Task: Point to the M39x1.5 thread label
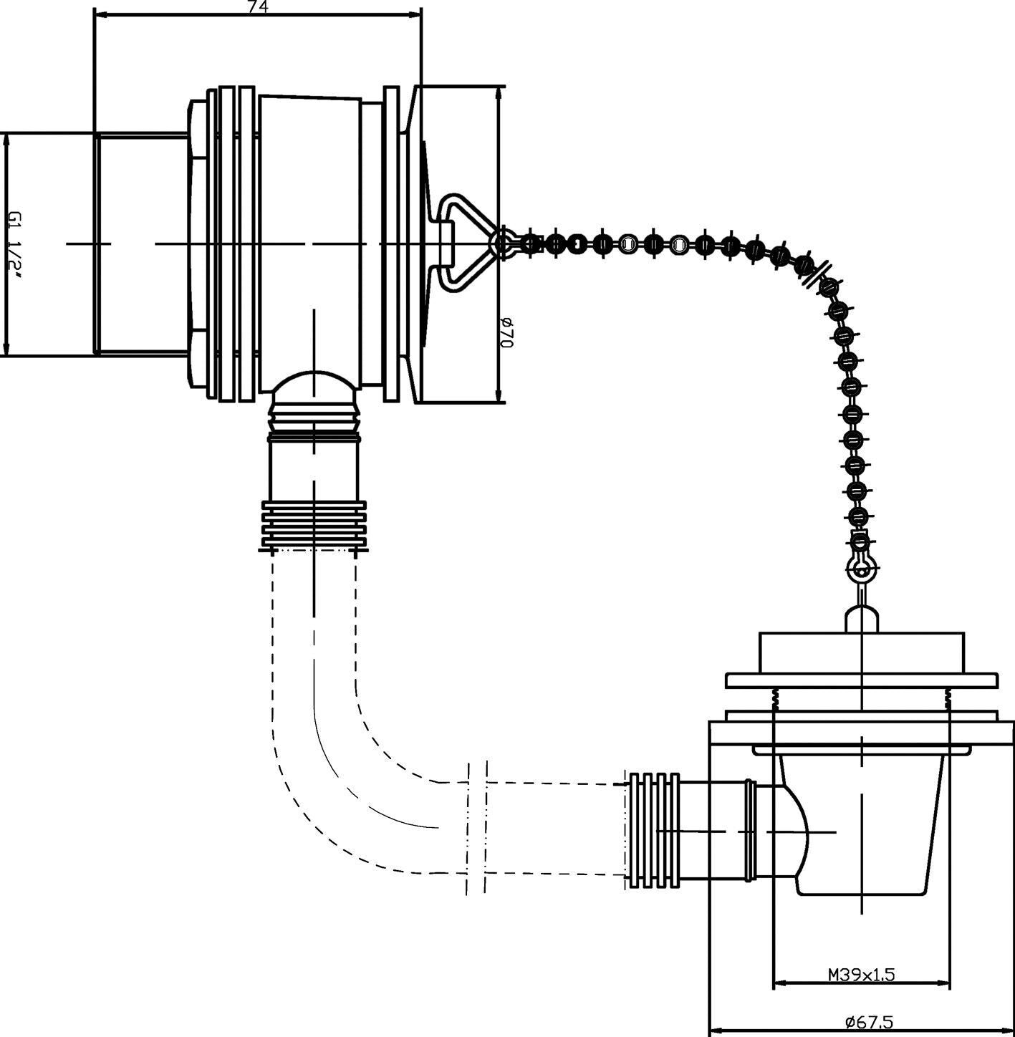(x=861, y=975)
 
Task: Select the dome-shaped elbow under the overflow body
(x=314, y=387)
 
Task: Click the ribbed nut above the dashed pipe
(x=314, y=527)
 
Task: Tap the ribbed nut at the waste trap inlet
(x=653, y=831)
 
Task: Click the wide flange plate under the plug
(x=861, y=680)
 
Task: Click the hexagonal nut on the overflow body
(x=198, y=243)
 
